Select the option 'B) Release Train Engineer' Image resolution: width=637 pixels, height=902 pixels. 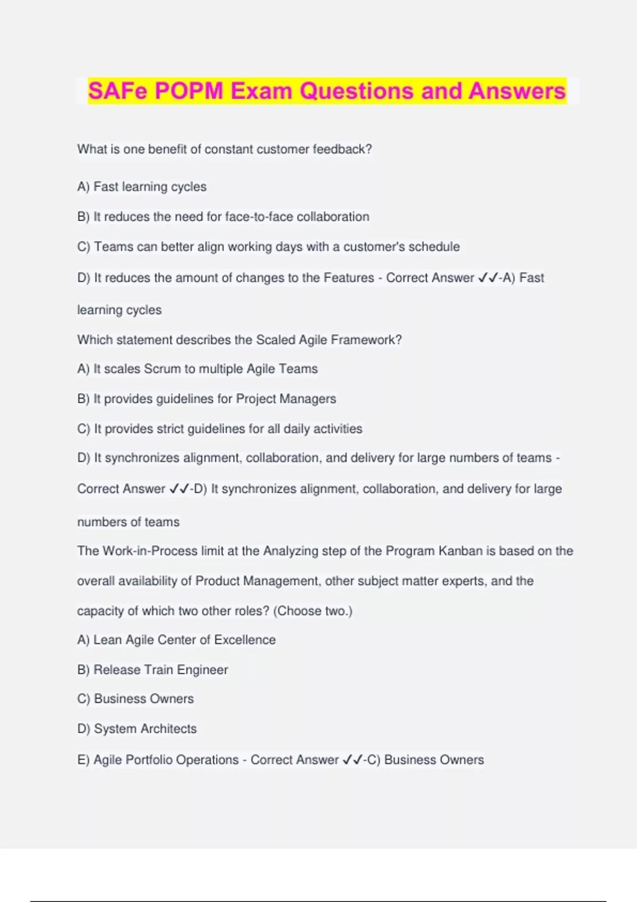coord(152,670)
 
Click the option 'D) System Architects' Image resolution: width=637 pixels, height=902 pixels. coord(137,728)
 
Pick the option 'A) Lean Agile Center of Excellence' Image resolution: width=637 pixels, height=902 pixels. coord(176,640)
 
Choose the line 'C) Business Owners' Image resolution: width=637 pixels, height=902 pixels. coord(135,699)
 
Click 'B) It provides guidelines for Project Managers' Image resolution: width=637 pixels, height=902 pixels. coord(206,398)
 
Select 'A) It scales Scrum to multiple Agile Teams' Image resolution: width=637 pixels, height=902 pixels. coord(197,369)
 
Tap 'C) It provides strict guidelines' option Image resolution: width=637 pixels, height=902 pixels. coord(220,429)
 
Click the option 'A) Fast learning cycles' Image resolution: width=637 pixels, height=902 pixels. coord(142,187)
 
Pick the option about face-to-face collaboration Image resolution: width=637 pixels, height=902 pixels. coord(223,216)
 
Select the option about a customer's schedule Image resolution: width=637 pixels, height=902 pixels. coord(269,247)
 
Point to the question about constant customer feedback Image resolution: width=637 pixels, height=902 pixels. coord(225,149)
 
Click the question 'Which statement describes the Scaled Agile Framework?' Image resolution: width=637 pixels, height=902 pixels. coord(239,340)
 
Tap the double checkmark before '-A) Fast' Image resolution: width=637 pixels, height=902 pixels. coord(488,277)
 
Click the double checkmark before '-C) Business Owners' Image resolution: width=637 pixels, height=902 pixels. coord(352,760)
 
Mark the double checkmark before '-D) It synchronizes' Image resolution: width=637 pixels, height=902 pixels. coord(179,489)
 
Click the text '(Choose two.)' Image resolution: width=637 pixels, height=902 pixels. coord(313,611)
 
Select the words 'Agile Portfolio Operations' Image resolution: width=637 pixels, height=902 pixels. coord(166,760)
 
